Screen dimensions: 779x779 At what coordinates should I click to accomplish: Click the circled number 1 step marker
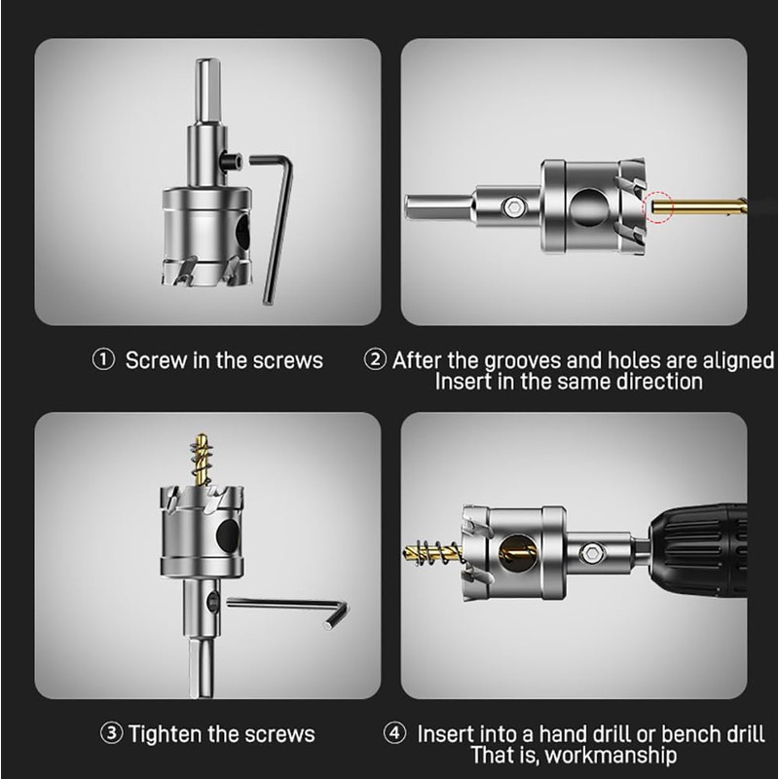(x=103, y=360)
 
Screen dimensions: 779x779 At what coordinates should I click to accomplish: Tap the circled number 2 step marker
(x=375, y=359)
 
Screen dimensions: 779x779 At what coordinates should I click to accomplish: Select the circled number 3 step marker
(x=112, y=733)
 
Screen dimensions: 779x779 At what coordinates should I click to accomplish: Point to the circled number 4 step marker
(x=394, y=733)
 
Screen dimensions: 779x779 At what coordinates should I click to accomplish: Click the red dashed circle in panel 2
(x=658, y=205)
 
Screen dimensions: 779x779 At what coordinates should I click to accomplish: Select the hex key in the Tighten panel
(x=288, y=612)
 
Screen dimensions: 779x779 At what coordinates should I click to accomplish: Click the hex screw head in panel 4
(x=590, y=552)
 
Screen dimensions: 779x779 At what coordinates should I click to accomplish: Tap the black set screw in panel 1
(x=232, y=162)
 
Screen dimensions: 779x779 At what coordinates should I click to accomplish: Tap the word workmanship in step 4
(x=611, y=756)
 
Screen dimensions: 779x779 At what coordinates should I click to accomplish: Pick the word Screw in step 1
(x=157, y=360)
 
